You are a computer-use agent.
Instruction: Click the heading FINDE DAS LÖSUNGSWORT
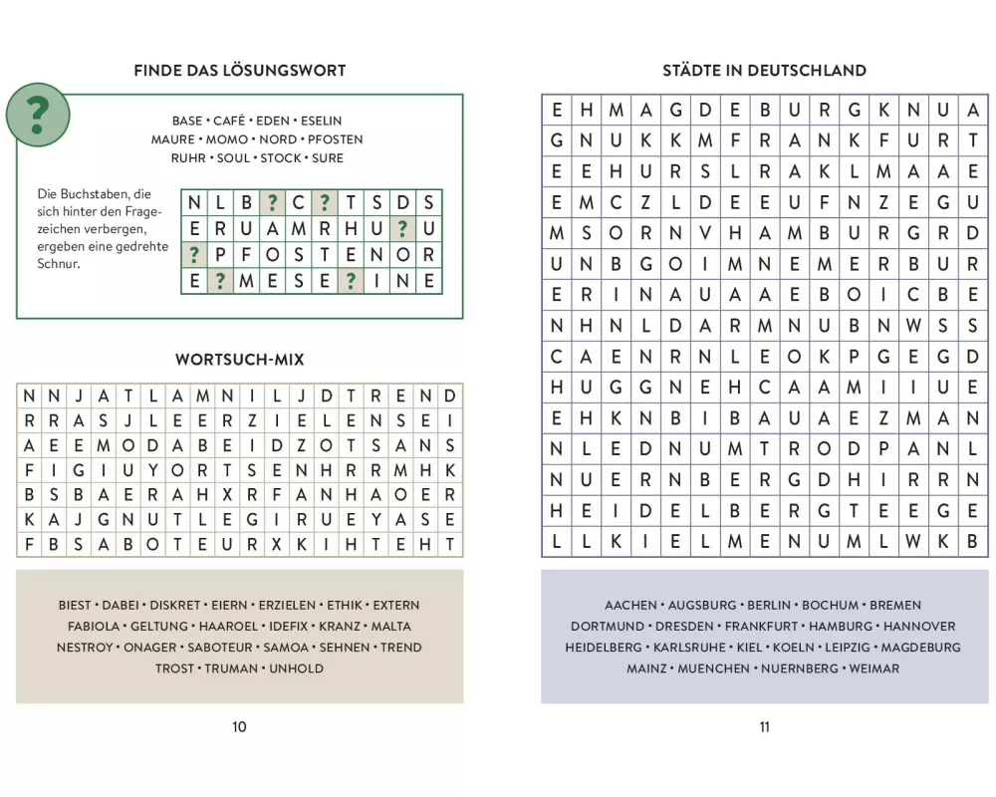click(x=239, y=71)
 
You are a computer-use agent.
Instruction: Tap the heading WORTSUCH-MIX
click(x=239, y=360)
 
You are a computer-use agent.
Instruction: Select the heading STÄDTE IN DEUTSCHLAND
click(x=764, y=71)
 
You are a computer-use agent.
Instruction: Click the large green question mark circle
click(x=38, y=116)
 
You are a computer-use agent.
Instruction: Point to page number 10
click(x=239, y=727)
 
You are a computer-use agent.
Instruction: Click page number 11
click(x=764, y=727)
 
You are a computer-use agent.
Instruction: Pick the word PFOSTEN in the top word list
click(x=335, y=139)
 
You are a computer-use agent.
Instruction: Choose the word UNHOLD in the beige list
click(x=296, y=668)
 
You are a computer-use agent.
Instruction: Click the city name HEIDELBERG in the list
click(x=604, y=648)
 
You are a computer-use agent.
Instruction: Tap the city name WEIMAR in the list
click(x=872, y=668)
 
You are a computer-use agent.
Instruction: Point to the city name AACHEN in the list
click(x=630, y=606)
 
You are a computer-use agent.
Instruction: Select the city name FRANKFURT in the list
click(x=761, y=627)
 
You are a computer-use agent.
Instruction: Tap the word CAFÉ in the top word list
click(x=229, y=121)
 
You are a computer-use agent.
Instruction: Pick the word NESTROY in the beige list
click(x=86, y=648)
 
